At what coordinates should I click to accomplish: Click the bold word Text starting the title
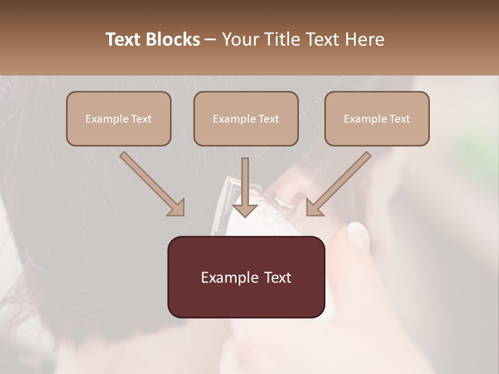(x=124, y=39)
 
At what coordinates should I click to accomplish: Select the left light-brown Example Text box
(x=119, y=118)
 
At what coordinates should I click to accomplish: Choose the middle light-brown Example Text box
(x=246, y=118)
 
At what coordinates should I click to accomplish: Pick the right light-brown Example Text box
(x=377, y=118)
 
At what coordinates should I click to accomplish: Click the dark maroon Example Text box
(x=246, y=277)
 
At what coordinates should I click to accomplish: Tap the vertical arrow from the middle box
(x=245, y=187)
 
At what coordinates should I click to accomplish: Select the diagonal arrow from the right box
(x=339, y=184)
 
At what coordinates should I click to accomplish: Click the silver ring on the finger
(x=283, y=202)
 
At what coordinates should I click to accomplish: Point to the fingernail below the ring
(x=358, y=235)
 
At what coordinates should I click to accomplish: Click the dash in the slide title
(x=211, y=39)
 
